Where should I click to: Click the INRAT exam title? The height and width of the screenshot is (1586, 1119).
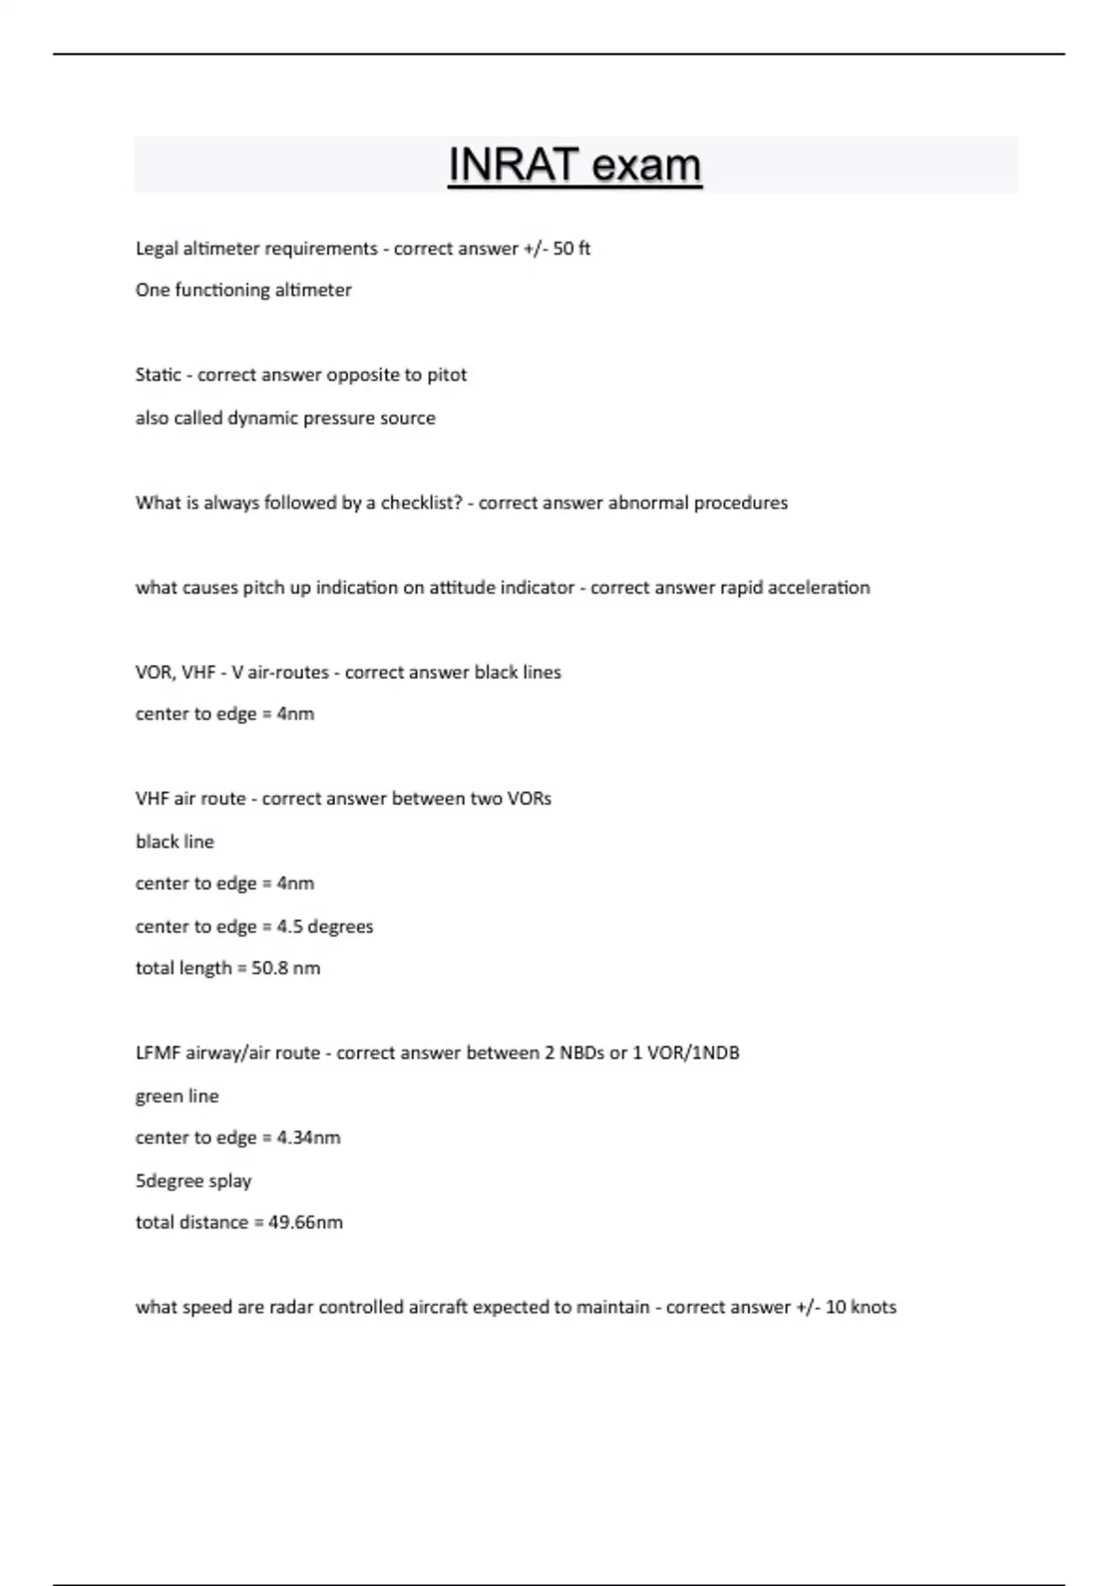tap(574, 165)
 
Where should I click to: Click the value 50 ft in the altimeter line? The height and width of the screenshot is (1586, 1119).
tap(572, 248)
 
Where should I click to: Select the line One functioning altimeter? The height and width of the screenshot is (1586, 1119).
tap(243, 290)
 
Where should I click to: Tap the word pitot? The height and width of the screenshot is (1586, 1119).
tap(447, 375)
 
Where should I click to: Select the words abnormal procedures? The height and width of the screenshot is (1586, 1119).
tap(698, 503)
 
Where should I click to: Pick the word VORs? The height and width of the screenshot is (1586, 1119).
tap(529, 799)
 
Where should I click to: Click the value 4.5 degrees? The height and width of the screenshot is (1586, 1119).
tap(325, 926)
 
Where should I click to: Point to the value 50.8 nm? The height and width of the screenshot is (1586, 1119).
tap(285, 968)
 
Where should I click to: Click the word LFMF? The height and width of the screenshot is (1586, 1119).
tap(159, 1053)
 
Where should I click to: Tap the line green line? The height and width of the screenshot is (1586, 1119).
tap(177, 1096)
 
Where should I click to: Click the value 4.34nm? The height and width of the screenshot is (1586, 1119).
tap(308, 1138)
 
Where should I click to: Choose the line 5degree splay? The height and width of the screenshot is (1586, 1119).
tap(194, 1181)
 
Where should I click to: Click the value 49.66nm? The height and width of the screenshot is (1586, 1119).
tap(305, 1223)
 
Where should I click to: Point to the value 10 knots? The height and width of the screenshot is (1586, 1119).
tap(861, 1307)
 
